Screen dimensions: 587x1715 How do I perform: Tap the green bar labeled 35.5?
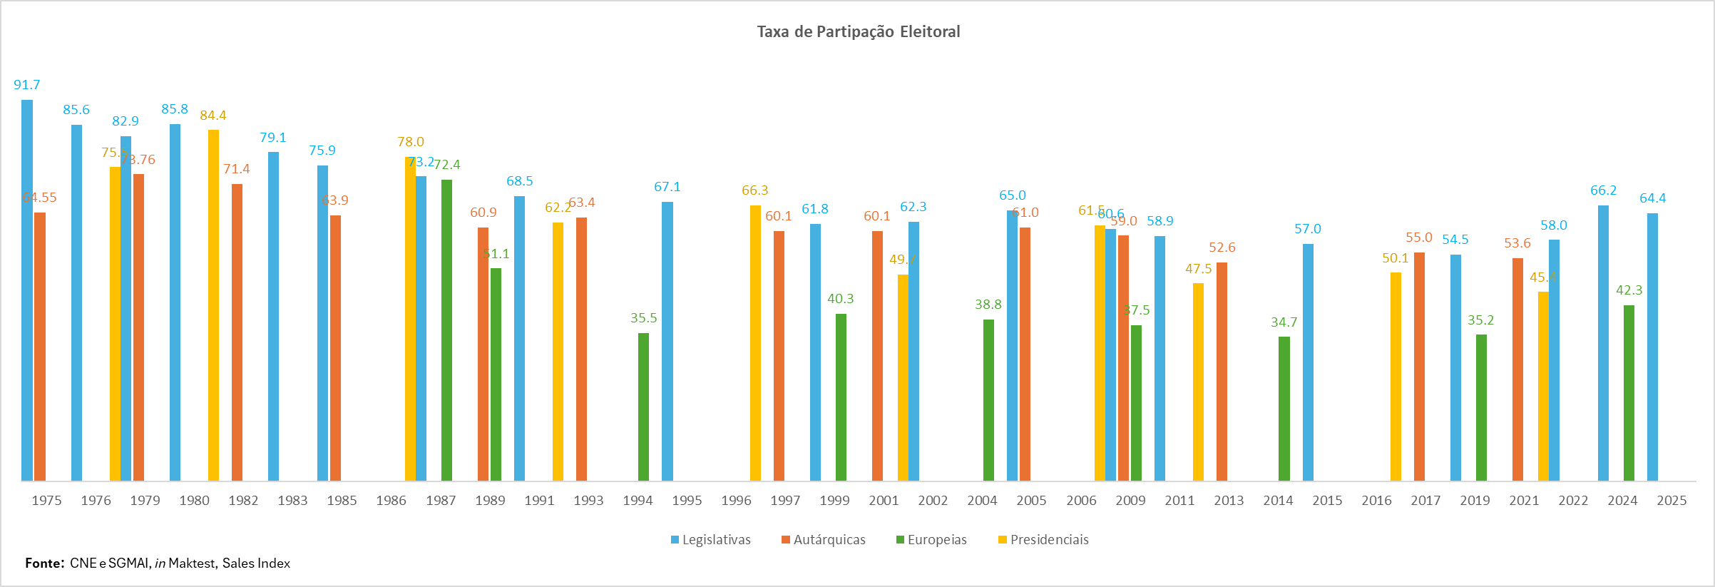point(643,407)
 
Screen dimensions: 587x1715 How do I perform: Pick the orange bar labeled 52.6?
point(1222,371)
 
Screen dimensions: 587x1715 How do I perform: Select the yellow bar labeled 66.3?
point(755,342)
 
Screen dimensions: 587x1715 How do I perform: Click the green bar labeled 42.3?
point(1629,392)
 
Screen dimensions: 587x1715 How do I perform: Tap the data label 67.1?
point(667,187)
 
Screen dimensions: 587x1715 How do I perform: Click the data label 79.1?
point(273,138)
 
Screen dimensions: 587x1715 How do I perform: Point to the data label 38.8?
point(988,305)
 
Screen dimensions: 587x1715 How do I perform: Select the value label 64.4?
point(1652,198)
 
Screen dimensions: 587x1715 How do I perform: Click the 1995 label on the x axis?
point(687,501)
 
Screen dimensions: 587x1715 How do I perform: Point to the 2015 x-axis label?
point(1327,501)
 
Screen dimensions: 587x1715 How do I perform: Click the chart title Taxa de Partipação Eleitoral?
point(859,31)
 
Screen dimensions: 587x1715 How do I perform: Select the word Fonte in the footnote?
point(43,563)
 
